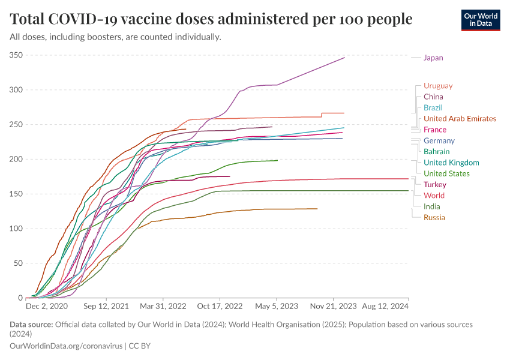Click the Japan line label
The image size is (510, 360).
[433, 58]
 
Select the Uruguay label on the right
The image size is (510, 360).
[437, 86]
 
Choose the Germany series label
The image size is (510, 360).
[439, 140]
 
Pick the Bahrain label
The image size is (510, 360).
[437, 151]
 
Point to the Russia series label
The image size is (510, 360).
[434, 217]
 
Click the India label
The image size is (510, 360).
[431, 206]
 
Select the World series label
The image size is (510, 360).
[434, 196]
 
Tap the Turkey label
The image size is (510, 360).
[434, 184]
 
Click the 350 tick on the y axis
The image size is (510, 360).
[16, 55]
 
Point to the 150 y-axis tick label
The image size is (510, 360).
[16, 194]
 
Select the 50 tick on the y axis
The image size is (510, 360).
[18, 263]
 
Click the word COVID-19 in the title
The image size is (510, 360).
[92, 19]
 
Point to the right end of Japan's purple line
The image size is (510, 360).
[344, 58]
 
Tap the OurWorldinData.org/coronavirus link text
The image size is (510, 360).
[66, 346]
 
